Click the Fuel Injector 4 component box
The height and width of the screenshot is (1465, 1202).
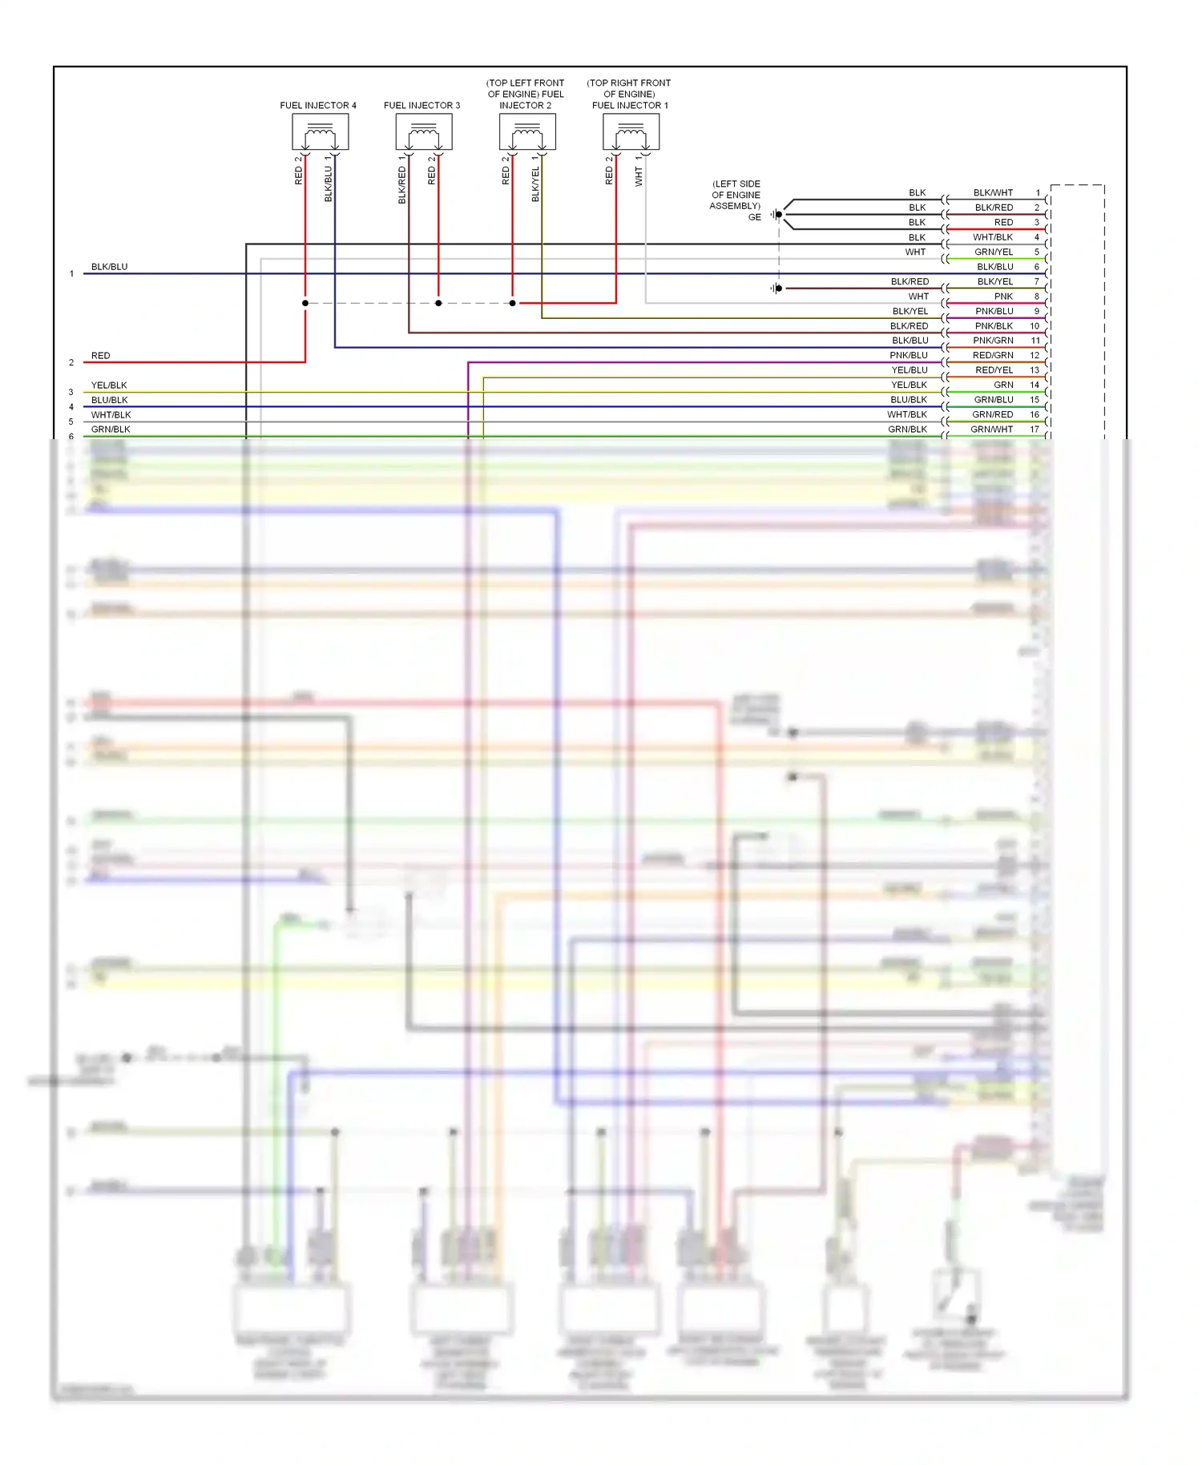pos(320,132)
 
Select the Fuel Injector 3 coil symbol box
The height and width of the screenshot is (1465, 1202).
pos(423,132)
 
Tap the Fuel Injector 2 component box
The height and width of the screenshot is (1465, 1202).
pos(527,132)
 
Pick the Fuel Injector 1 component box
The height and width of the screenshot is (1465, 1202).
pos(631,132)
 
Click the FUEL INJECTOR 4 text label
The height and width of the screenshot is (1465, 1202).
pos(318,105)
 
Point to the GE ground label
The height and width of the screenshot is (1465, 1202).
pos(754,217)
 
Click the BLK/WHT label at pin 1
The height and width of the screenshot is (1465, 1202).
pos(993,192)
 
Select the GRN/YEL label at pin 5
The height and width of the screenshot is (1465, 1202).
pos(994,252)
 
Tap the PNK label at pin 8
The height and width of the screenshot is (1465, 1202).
pos(1003,297)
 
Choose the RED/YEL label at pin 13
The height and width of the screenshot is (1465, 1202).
pos(994,370)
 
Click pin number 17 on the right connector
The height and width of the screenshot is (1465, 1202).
pos(1035,430)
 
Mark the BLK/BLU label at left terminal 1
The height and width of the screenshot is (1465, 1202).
pos(109,267)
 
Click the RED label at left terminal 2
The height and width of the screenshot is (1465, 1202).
pos(100,356)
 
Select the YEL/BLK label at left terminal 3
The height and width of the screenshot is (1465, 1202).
pos(109,385)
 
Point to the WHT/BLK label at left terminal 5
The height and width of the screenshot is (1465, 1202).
pos(111,415)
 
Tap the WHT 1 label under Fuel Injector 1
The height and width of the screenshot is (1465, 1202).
pos(639,172)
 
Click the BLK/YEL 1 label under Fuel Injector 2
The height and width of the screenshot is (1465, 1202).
pos(535,179)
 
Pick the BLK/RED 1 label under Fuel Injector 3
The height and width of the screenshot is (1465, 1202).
pos(401,180)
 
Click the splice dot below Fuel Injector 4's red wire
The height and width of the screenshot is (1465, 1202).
pos(305,303)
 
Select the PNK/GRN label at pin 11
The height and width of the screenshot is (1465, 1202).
pos(993,341)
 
